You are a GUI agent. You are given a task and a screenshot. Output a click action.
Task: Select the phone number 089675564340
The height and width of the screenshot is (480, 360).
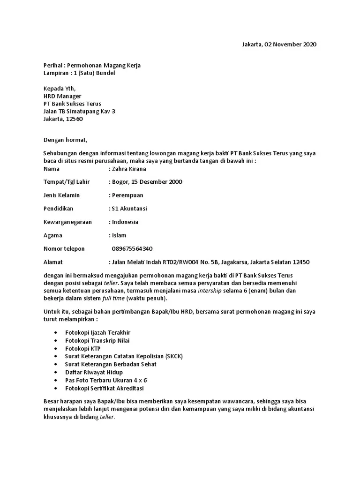click(x=132, y=248)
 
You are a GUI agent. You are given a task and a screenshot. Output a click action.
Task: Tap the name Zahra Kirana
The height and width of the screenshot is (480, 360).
click(x=129, y=169)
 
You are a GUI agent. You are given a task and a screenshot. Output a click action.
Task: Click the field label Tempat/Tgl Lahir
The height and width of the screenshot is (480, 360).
click(x=67, y=182)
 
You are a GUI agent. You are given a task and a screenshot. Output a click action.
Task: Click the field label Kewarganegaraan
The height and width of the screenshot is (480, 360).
click(x=68, y=222)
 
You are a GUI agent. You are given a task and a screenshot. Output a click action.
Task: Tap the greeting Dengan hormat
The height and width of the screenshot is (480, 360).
click(x=66, y=140)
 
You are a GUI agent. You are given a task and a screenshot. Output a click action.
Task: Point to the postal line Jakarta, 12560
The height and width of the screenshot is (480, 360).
click(x=63, y=119)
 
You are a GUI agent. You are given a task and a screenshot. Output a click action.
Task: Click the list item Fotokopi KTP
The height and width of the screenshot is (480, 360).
click(x=82, y=348)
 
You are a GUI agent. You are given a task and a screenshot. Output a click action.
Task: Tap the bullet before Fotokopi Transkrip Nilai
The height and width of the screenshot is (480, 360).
click(x=56, y=340)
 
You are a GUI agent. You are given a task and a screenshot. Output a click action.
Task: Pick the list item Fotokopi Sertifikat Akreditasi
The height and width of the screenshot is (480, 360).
click(x=105, y=389)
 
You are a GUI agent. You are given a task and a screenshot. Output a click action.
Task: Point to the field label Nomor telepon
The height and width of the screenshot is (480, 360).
click(x=64, y=248)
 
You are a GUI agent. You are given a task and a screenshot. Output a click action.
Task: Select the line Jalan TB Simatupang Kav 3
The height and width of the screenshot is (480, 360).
click(x=79, y=111)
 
